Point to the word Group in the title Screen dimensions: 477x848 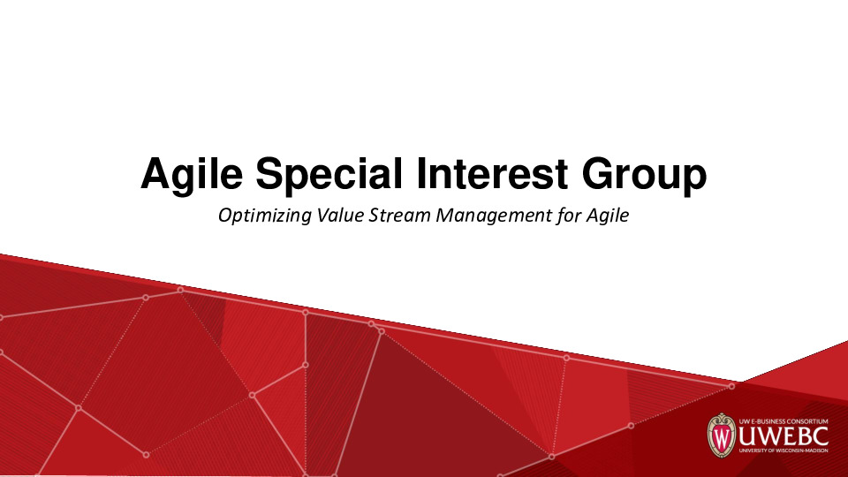coord(644,174)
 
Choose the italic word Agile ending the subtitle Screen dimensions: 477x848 coord(608,216)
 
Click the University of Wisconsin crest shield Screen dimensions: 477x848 coord(721,435)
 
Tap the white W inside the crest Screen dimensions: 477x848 coord(721,437)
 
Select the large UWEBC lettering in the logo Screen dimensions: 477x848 coord(783,435)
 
